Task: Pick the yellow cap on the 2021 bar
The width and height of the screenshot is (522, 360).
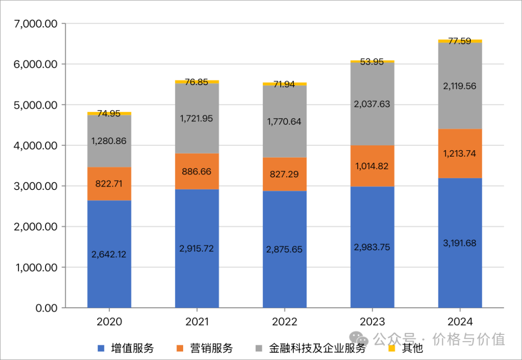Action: (x=197, y=82)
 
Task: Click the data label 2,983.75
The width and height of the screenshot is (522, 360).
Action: (x=372, y=247)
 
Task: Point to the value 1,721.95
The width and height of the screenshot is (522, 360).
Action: (x=197, y=118)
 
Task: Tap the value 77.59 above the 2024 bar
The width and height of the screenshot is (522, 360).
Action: (x=460, y=41)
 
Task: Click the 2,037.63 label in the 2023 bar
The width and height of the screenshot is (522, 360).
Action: (x=372, y=104)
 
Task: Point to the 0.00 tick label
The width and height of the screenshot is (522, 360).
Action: (x=46, y=308)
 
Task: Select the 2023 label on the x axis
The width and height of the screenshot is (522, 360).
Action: (x=372, y=322)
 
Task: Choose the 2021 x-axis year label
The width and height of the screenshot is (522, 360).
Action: (x=197, y=322)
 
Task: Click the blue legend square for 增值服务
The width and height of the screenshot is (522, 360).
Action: (x=101, y=348)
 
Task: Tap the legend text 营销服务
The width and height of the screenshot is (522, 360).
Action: (x=212, y=348)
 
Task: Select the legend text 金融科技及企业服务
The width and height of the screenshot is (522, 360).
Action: (x=317, y=348)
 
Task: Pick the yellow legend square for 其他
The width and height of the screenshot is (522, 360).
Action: (x=392, y=348)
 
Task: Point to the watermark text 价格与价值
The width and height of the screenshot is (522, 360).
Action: (x=469, y=339)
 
